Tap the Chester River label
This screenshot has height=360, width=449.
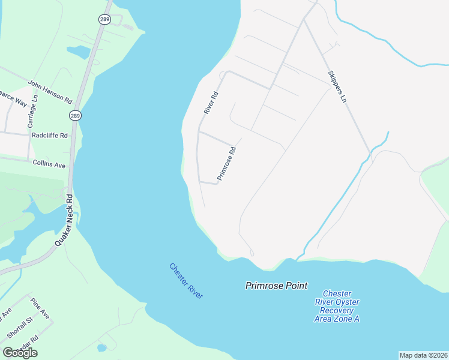pos(186,281)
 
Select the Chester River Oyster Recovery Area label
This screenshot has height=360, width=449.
pos(337,306)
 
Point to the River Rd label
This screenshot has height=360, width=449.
pos(210,103)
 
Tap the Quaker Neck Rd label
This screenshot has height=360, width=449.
pos(63,219)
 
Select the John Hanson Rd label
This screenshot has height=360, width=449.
pos(50,91)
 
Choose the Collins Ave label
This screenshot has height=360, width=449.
pos(49,164)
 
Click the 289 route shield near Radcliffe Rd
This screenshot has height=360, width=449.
pos(75,115)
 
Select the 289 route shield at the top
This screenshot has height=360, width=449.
pos(105,19)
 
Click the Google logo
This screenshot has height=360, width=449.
pos(20,353)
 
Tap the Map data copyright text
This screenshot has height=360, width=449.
pos(423,355)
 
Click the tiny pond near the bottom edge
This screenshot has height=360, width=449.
pos(101,347)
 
